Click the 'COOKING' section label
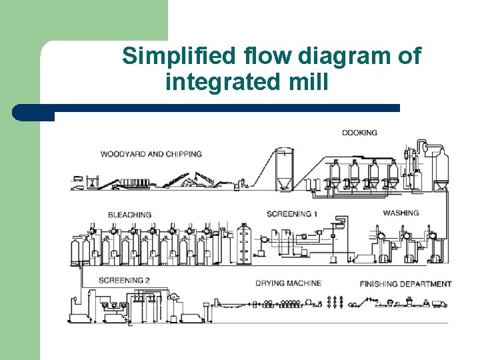pos(359,133)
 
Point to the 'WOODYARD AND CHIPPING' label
pos(151,154)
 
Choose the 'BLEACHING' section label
pos(129,215)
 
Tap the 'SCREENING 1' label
pos(292,214)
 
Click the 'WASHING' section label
pos(401,213)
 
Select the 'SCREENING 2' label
pos(124,281)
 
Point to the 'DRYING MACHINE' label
pos(288,283)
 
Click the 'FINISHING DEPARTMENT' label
pos(405,284)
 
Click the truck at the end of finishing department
pos(439,304)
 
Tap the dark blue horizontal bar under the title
pos(207,108)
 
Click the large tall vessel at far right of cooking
pos(439,167)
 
